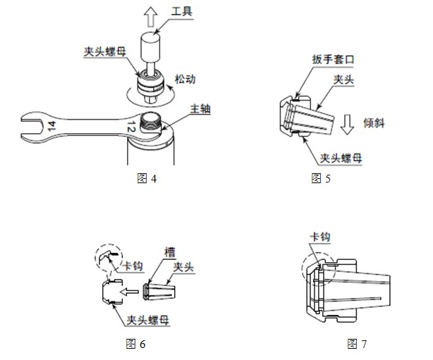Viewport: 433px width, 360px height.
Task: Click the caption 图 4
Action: pos(145,177)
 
